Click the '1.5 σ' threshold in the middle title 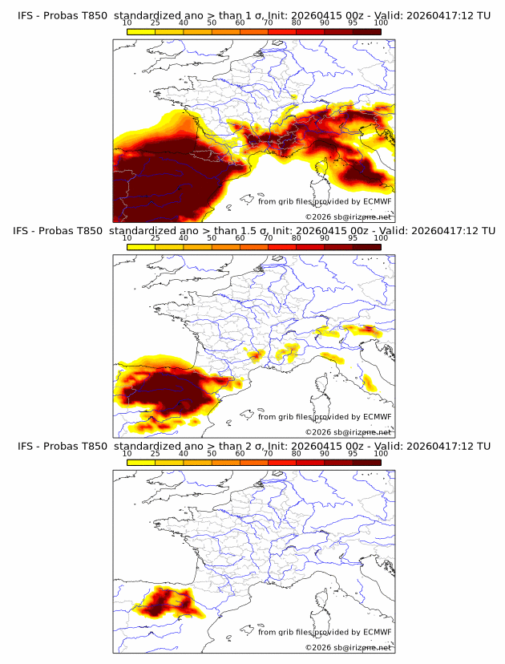click(257, 232)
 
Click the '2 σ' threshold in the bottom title click(253, 446)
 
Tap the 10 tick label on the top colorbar click(127, 24)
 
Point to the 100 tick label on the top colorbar click(381, 24)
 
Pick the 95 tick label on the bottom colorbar click(353, 453)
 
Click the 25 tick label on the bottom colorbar click(156, 453)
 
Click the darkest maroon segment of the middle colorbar click(367, 247)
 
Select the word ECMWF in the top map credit click(378, 202)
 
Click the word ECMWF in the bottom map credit click(378, 632)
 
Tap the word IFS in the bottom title click(24, 446)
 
